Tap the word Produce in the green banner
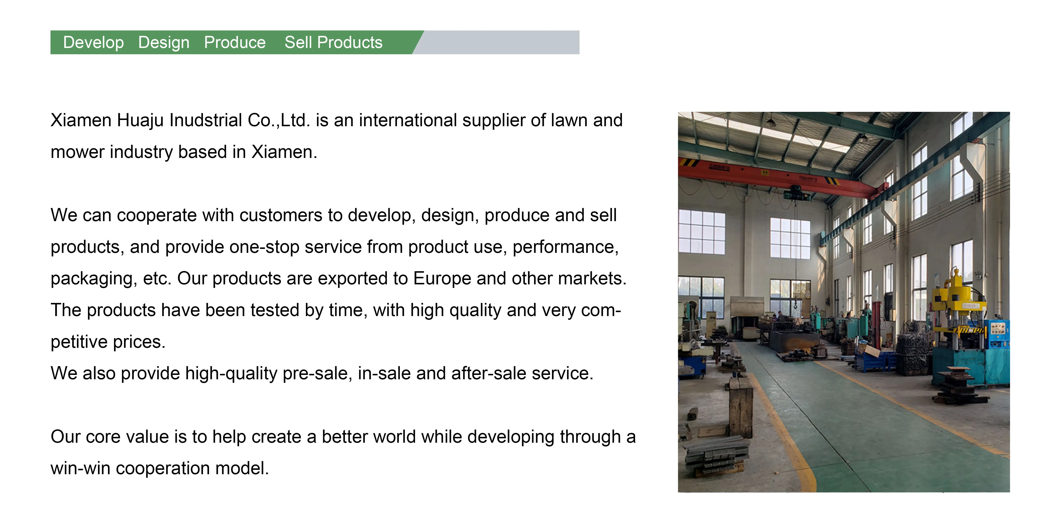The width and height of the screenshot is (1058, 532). [235, 42]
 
